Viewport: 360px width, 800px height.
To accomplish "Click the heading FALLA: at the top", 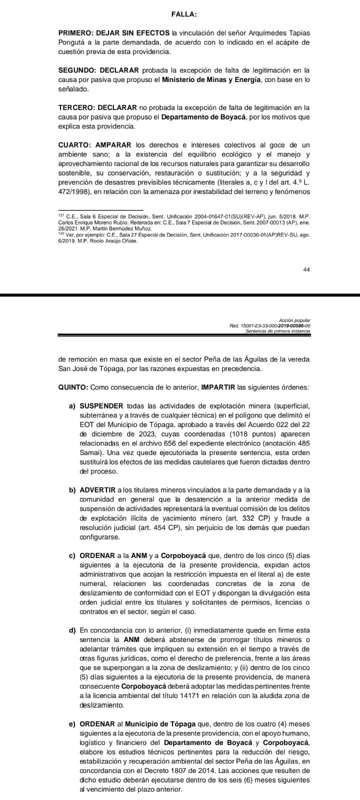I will [180, 15].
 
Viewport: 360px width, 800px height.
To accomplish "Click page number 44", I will [306, 269].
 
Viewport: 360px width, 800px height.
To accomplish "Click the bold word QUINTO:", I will [73, 387].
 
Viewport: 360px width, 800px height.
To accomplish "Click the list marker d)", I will [72, 629].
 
